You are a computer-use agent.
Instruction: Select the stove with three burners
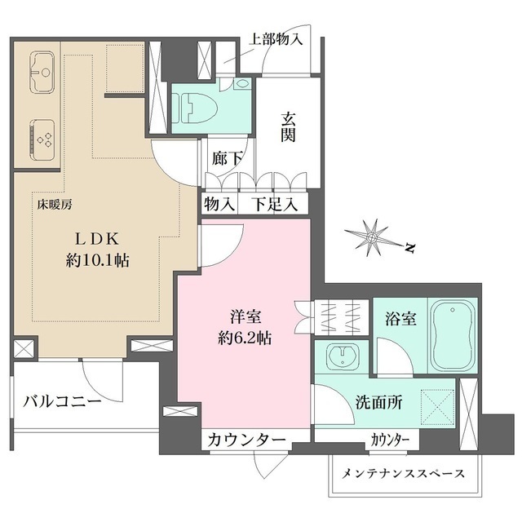coord(43,135)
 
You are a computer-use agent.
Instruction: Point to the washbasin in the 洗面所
coord(339,356)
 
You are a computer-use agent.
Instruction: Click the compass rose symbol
coord(372,237)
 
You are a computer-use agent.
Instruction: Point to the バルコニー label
coord(62,402)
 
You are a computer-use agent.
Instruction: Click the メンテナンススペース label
coord(403,473)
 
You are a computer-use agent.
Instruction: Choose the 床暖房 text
coord(54,205)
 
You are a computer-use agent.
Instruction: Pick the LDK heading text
coord(100,239)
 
